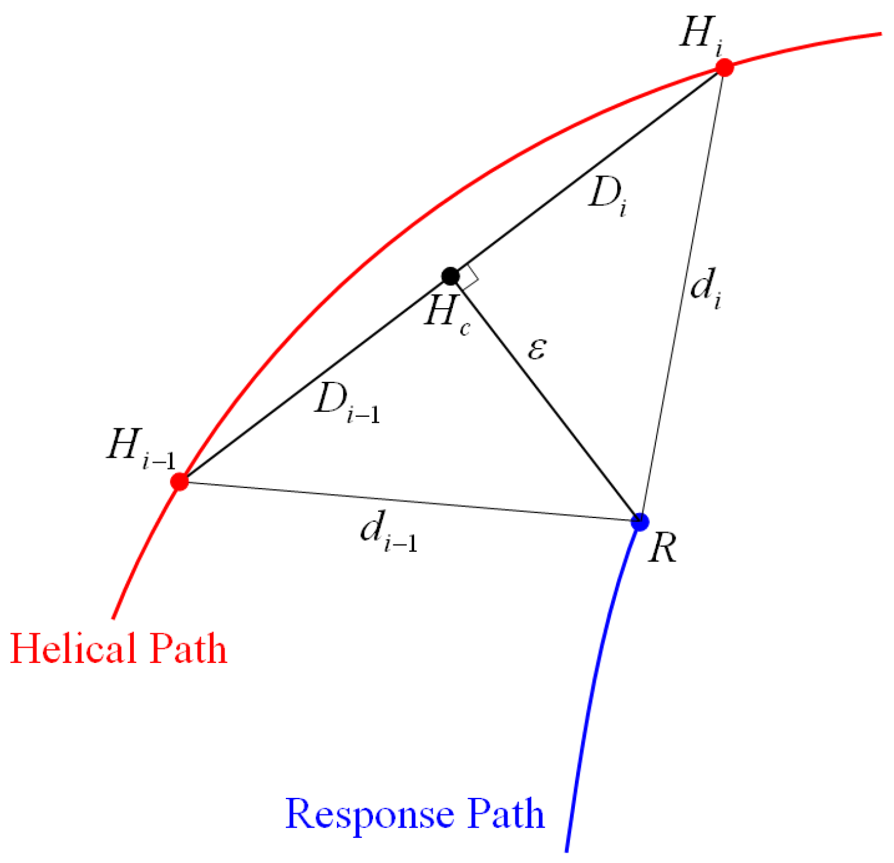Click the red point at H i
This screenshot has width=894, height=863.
725,67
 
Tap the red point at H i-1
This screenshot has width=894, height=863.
180,481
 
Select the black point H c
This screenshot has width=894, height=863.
450,276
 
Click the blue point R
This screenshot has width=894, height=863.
640,522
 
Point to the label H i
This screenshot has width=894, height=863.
701,35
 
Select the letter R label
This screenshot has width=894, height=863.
662,548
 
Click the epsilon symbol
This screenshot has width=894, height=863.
536,349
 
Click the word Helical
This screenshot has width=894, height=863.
74,649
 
